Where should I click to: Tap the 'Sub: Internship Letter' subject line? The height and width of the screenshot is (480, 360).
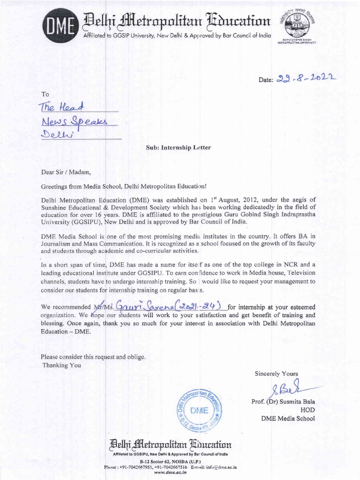(x=178, y=148)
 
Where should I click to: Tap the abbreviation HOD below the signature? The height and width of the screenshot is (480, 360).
(x=307, y=410)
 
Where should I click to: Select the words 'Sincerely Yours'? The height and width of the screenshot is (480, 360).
(x=277, y=374)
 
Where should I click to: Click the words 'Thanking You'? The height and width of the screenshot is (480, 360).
(x=61, y=365)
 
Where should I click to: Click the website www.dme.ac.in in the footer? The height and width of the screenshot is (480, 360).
(x=170, y=473)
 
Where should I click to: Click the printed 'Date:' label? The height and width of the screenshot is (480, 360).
(x=266, y=81)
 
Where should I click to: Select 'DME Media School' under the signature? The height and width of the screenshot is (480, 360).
(x=288, y=418)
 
